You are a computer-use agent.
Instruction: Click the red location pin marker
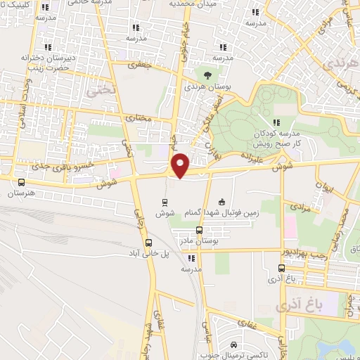coord(181,166)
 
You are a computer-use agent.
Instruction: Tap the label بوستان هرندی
coord(207,87)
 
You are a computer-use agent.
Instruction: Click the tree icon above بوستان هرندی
coord(207,74)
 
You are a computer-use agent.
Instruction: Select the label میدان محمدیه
coord(191,4)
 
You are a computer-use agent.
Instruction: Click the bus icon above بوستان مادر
coord(199,230)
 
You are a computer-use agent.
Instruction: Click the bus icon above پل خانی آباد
coord(148,243)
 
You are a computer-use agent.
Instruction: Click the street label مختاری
coord(139,117)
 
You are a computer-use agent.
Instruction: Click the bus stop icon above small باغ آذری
coord(281,268)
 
